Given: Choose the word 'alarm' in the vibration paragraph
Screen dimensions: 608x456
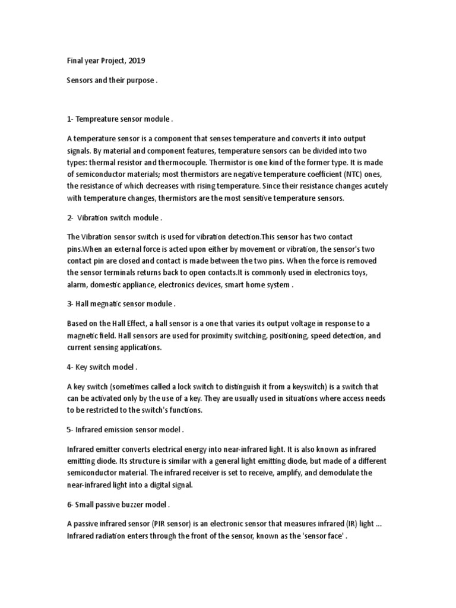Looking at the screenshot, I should (x=77, y=284).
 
